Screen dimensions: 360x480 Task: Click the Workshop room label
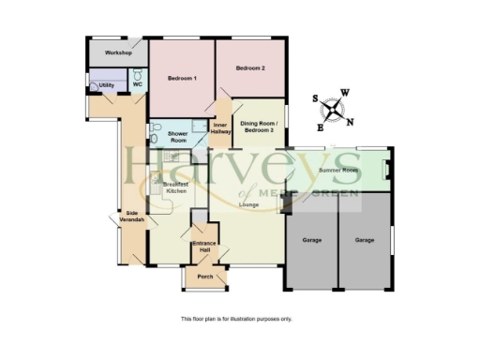(x=117, y=52)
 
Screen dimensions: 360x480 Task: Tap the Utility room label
(x=107, y=85)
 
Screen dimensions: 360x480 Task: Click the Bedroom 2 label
(x=250, y=68)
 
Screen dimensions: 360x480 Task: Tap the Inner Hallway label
(x=221, y=128)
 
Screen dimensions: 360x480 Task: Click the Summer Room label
(x=339, y=171)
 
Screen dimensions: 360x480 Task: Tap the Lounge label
(x=249, y=203)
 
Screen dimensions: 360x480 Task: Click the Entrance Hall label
(x=203, y=247)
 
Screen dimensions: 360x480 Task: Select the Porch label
(x=204, y=277)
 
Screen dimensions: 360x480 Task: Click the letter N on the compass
(x=351, y=121)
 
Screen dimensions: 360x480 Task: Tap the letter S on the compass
(x=316, y=98)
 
